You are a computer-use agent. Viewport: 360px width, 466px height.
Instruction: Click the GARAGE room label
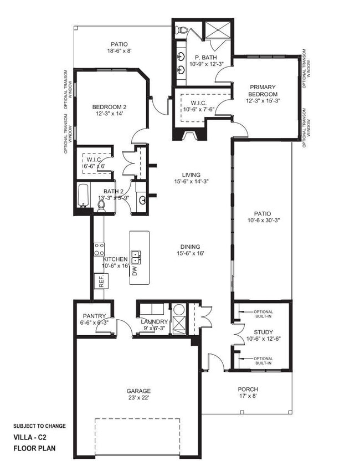click(x=138, y=391)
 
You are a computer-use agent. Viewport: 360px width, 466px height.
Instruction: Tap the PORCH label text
click(x=248, y=390)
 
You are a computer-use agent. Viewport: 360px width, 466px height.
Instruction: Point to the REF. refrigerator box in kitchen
click(x=101, y=280)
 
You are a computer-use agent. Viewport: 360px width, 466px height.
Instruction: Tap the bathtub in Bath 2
click(x=83, y=196)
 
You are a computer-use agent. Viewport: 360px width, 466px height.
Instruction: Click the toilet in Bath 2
click(x=101, y=206)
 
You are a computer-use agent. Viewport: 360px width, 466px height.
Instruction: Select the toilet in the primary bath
click(x=182, y=30)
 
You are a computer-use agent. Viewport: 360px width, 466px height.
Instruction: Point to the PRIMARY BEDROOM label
click(x=263, y=90)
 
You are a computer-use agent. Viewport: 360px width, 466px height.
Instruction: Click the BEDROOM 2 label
click(x=109, y=107)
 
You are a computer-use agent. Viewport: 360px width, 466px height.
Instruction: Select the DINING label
click(x=189, y=247)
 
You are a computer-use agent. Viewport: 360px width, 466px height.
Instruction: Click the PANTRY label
click(x=95, y=316)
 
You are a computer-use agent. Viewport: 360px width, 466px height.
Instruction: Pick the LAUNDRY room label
click(x=154, y=322)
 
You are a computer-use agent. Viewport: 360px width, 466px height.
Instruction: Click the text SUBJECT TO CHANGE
click(x=39, y=426)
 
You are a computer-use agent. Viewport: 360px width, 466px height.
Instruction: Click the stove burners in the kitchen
click(x=99, y=249)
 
